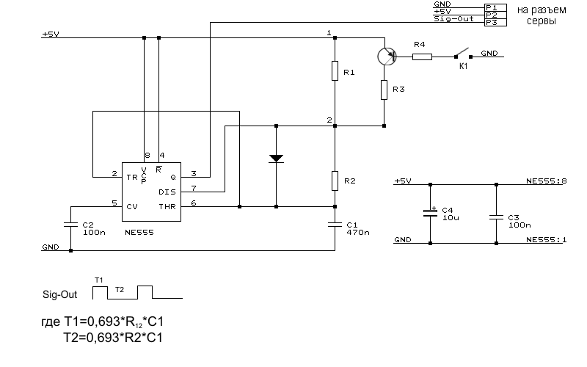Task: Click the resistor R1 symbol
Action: point(335,72)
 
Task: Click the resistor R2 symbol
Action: point(335,179)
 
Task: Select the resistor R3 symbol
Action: point(384,90)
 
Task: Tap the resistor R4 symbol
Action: point(421,56)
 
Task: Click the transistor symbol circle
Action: point(384,56)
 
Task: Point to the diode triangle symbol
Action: point(276,157)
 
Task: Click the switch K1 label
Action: point(463,66)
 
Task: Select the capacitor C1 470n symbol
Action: point(335,222)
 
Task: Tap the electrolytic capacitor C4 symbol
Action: point(431,212)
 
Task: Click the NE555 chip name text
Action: point(139,232)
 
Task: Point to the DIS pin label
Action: point(167,192)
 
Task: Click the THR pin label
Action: point(167,206)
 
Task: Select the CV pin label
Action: point(132,206)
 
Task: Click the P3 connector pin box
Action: point(492,23)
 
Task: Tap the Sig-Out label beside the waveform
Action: point(58,294)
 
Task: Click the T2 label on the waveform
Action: point(119,291)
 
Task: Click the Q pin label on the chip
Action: point(172,177)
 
